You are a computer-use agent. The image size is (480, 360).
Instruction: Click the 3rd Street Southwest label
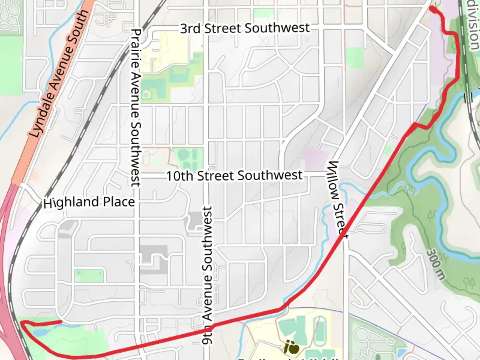click(x=245, y=28)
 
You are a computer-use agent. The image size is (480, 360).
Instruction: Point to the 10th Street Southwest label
click(x=234, y=176)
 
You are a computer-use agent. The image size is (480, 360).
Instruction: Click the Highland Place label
click(x=89, y=202)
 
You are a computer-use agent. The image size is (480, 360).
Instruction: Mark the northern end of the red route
click(x=432, y=9)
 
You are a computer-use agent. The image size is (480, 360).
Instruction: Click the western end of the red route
click(x=61, y=321)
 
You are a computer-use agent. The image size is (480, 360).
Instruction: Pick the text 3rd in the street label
click(x=190, y=29)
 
